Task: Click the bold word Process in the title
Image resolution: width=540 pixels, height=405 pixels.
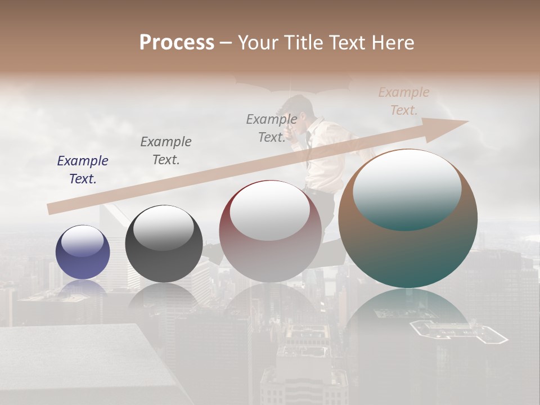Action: coord(177,43)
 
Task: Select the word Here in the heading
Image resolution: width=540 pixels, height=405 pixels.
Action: coord(393,43)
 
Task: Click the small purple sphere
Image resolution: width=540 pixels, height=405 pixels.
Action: coord(83,252)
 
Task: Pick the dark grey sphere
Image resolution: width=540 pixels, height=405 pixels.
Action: coord(164,244)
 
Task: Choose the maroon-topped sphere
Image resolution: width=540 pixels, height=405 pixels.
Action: coord(271,232)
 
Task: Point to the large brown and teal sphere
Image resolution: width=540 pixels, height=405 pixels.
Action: coord(408,219)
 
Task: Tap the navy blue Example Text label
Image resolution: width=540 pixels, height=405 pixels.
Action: coord(83,170)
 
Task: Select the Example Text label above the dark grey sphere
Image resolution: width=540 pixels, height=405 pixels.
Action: coord(166,151)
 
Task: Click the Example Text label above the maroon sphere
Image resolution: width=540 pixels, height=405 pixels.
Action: coord(272,128)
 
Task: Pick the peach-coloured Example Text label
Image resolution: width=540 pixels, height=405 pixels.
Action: coord(404,101)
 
